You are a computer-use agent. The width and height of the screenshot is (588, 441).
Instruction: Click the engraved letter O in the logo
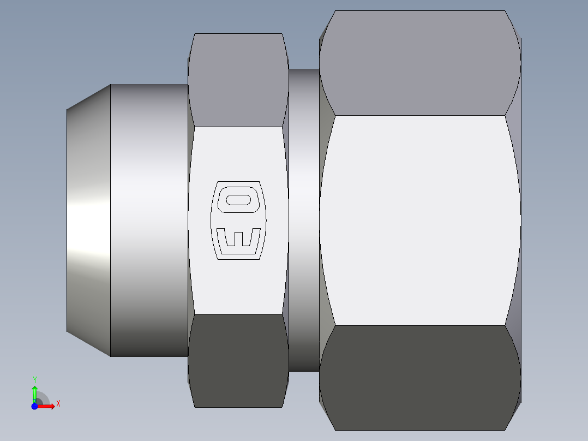click(x=238, y=200)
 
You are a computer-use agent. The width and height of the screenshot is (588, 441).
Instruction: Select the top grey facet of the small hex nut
click(x=238, y=80)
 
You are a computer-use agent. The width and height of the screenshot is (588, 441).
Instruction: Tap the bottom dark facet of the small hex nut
click(x=238, y=360)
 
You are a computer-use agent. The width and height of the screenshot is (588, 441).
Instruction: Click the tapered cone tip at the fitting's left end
click(x=89, y=221)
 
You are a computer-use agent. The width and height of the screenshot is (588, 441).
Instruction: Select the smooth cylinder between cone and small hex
click(x=149, y=221)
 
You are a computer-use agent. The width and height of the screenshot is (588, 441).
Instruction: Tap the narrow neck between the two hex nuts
click(x=303, y=221)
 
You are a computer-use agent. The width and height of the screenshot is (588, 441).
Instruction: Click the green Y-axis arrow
click(x=34, y=392)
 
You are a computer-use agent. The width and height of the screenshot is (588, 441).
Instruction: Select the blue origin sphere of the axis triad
click(x=34, y=406)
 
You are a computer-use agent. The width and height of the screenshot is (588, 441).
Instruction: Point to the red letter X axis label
click(x=58, y=404)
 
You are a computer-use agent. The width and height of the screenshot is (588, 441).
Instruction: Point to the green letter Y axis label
click(x=34, y=379)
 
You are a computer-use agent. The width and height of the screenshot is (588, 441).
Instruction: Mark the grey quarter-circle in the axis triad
click(x=42, y=399)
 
